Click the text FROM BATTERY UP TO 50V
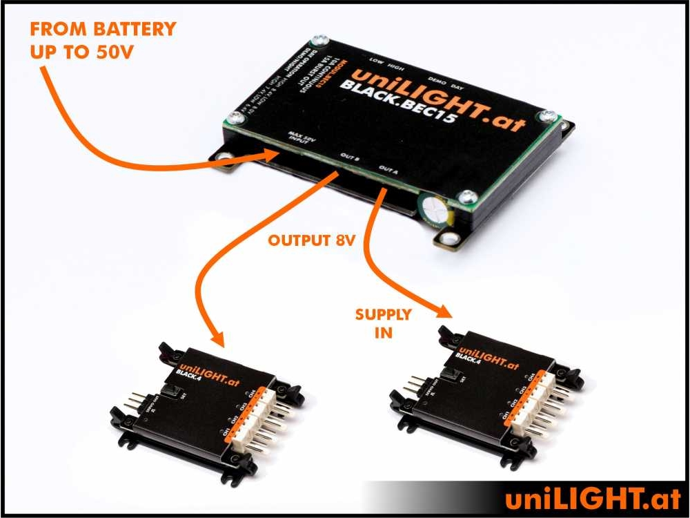[x=103, y=41]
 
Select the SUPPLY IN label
[x=383, y=323]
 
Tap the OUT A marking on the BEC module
[x=389, y=169]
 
